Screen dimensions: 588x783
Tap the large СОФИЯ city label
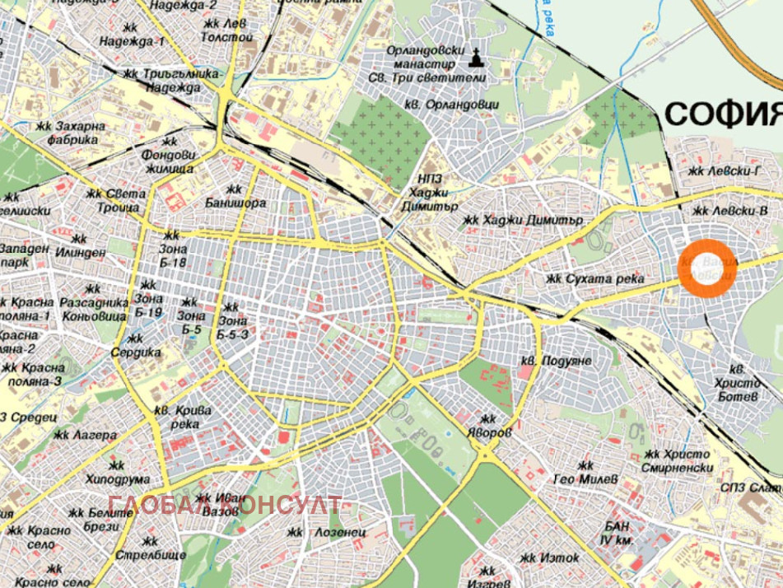[723, 113]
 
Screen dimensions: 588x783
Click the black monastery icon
[476, 57]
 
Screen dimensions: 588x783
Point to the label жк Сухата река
[594, 279]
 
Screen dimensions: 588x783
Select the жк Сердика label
[136, 345]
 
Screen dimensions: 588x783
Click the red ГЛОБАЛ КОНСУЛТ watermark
[224, 504]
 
